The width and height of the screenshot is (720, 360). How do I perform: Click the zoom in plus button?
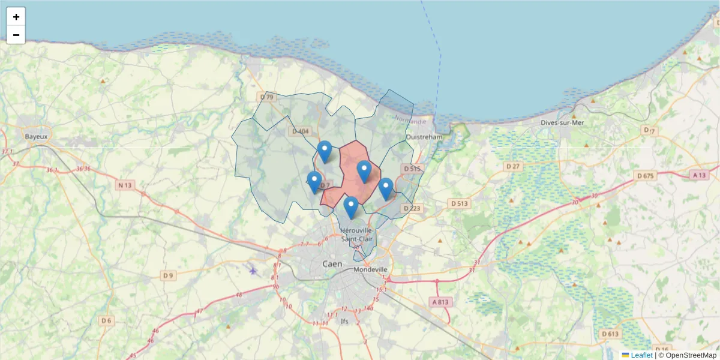(16, 17)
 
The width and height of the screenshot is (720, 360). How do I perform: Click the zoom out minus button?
(16, 35)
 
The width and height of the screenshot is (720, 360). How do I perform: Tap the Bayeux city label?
(36, 136)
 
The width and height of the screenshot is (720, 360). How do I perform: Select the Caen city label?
(332, 264)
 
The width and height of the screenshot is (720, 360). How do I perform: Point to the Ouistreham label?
(424, 136)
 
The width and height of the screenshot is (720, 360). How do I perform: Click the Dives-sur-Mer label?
(562, 122)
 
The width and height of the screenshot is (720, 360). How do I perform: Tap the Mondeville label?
(371, 269)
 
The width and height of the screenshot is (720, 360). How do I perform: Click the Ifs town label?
(344, 321)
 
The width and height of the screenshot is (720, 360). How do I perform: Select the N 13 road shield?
(124, 185)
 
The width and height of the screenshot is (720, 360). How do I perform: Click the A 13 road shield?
(698, 175)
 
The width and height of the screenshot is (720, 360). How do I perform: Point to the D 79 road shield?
(267, 97)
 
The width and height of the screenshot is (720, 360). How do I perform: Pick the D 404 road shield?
(300, 131)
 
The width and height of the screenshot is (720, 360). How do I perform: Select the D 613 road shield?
(610, 334)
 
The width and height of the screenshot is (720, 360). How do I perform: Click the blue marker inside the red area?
(364, 171)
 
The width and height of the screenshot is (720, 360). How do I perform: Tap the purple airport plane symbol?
(253, 271)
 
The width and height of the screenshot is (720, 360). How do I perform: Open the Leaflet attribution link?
(641, 355)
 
